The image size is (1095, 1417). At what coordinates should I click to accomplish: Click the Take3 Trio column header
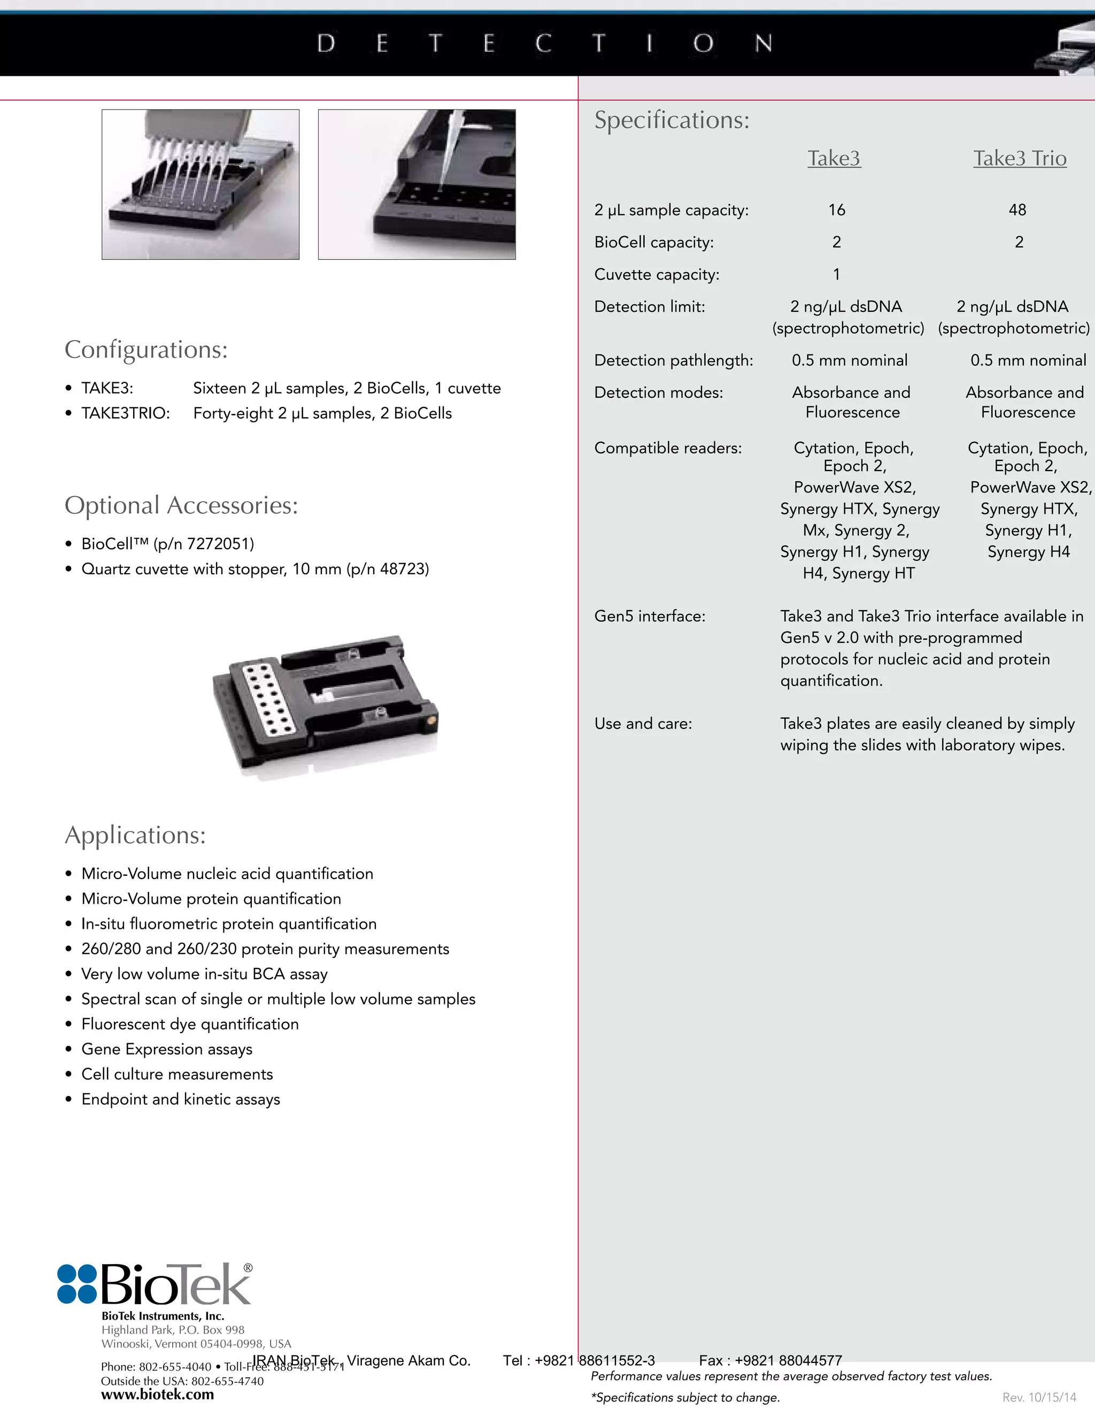1019,158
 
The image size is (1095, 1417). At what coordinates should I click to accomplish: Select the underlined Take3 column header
834,158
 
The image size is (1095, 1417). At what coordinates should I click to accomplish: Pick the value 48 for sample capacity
1017,210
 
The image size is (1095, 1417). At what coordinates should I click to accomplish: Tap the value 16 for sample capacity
836,210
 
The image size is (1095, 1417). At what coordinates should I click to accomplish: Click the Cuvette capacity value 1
836,274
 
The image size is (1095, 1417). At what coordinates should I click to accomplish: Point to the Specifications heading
672,120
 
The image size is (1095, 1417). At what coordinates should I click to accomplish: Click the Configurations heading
146,350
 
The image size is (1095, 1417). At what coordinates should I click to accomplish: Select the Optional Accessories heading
181,505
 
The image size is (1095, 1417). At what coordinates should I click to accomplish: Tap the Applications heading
135,835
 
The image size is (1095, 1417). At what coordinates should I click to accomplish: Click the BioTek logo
155,1284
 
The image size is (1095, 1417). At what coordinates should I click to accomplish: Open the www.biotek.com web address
157,1395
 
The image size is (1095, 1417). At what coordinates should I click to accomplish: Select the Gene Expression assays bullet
167,1049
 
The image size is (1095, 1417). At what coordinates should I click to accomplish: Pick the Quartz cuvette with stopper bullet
255,569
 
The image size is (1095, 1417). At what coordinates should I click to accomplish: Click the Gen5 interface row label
649,617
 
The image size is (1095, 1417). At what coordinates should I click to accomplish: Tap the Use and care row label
643,723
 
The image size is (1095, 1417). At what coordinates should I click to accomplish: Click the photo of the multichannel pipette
201,184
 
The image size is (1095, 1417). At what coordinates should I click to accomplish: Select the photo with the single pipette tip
417,184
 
